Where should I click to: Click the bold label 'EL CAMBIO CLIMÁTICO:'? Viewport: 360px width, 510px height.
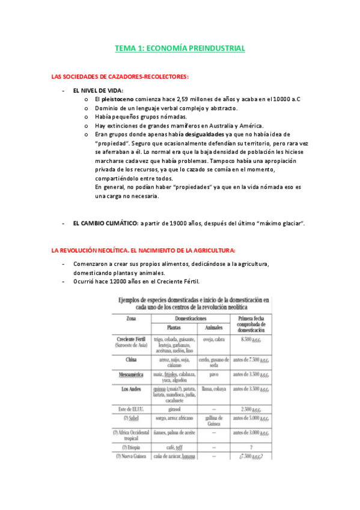coord(106,223)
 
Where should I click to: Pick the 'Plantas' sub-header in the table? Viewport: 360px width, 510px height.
coord(173,328)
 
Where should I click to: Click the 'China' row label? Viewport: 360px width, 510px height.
coord(130,360)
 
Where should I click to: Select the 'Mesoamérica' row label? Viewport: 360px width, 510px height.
coord(130,373)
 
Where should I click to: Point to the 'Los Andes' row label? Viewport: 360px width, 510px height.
coord(130,388)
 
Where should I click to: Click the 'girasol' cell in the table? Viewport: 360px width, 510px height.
coord(173,409)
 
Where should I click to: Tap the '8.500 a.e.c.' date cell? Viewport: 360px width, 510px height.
coord(252,339)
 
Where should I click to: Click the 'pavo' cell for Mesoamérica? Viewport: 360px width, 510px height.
coord(213,373)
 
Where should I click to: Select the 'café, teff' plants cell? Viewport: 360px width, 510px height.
coord(173,447)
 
